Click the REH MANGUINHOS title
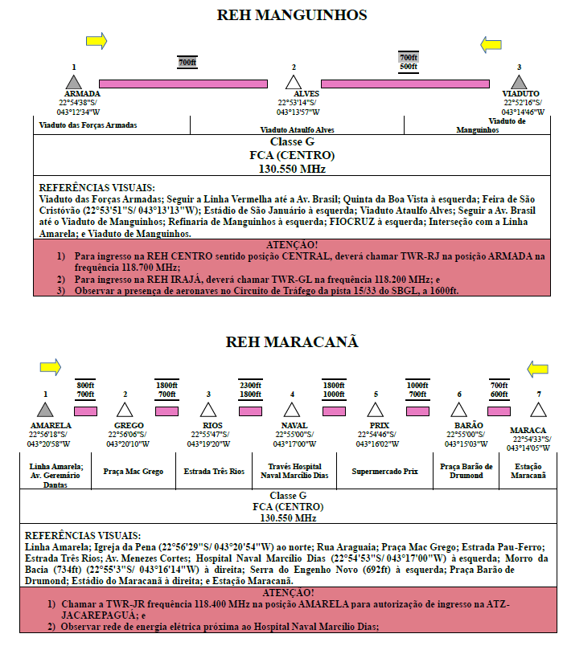[292, 15]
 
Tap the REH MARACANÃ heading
[292, 342]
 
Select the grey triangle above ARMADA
[74, 82]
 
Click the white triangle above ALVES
[294, 82]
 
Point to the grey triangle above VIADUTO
[519, 82]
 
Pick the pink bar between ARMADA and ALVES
[183, 84]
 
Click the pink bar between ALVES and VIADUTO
[405, 84]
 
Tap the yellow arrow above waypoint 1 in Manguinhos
[97, 41]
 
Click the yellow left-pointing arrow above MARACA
[537, 369]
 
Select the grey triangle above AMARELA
[45, 410]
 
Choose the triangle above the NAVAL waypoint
[292, 410]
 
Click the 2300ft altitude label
[250, 385]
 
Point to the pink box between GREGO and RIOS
[166, 411]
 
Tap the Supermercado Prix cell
[384, 471]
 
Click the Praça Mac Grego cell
[134, 471]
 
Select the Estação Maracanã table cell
[528, 471]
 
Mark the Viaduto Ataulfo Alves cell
[297, 125]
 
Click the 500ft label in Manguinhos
[409, 67]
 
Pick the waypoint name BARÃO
[468, 425]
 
